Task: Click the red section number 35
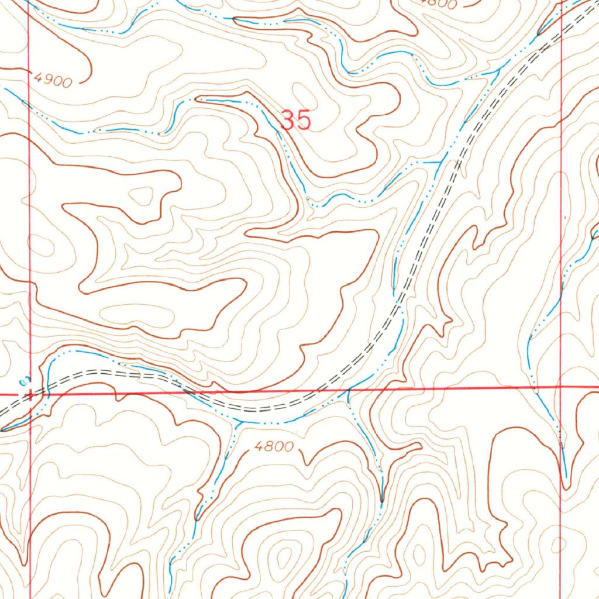296,120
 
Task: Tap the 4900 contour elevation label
53,80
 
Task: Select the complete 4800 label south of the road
274,447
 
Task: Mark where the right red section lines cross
561,387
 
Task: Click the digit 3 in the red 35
288,120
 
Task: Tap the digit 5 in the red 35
303,120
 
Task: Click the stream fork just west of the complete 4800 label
236,423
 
